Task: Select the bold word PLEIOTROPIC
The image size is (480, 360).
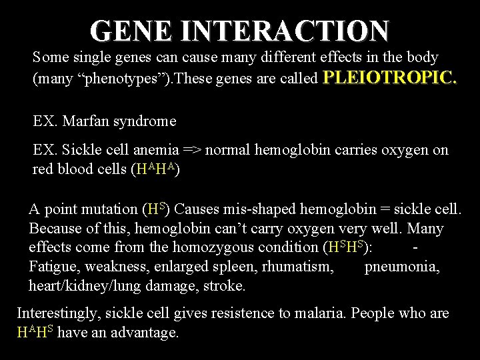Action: (x=390, y=79)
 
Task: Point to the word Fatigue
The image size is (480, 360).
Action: (x=52, y=267)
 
